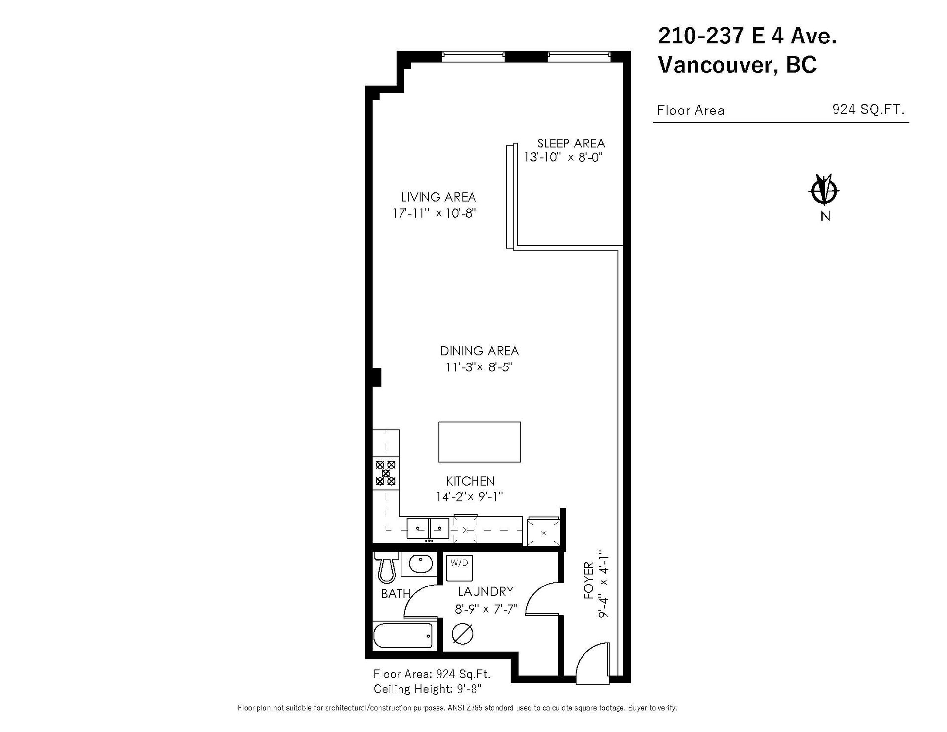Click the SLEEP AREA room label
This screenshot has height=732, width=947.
pos(571,144)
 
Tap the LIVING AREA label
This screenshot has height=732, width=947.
pos(438,197)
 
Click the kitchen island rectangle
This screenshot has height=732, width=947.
pos(480,442)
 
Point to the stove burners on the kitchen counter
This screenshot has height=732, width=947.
pos(386,473)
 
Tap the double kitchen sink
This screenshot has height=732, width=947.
pos(428,528)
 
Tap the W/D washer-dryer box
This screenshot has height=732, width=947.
pos(459,568)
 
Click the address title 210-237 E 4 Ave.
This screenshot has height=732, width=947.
pos(747,36)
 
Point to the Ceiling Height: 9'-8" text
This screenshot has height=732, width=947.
pos(428,689)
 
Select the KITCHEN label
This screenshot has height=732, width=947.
pos(470,481)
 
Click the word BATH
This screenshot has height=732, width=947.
pos(396,594)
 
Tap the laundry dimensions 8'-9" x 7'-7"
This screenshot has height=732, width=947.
pos(486,609)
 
